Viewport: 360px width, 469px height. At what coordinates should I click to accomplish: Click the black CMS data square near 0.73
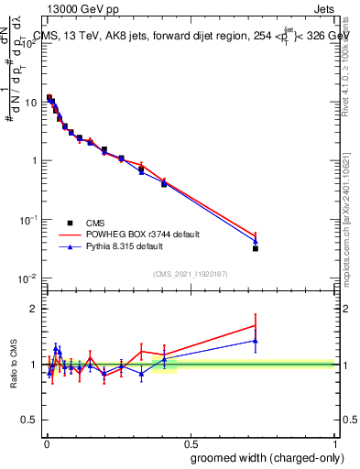(256, 248)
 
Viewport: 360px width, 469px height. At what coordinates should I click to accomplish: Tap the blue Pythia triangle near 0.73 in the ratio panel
(256, 341)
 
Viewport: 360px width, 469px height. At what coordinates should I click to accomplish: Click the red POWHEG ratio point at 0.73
(256, 325)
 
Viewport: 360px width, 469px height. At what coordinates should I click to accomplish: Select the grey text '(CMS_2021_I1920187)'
(191, 273)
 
